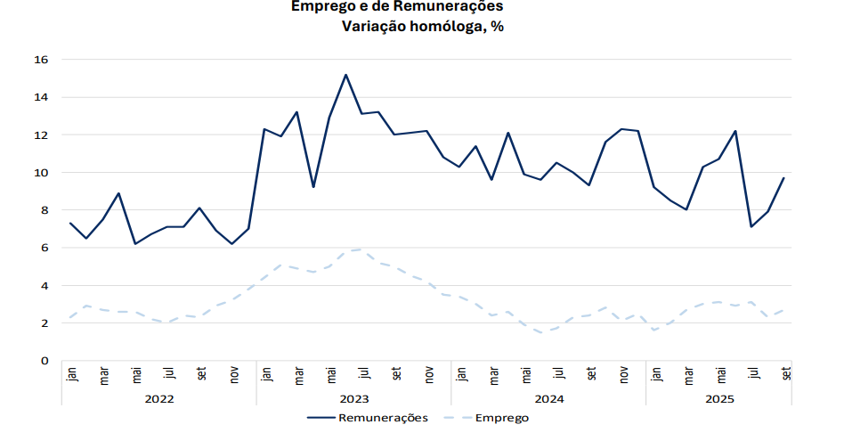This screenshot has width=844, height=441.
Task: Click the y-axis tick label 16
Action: [x=41, y=60]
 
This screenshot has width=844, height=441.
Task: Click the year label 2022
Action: [x=158, y=399]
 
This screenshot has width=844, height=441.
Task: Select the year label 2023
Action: [x=353, y=399]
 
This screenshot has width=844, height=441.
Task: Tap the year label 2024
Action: [x=548, y=399]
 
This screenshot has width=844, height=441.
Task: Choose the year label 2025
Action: [x=719, y=399]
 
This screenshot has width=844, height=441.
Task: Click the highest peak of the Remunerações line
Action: [x=345, y=75]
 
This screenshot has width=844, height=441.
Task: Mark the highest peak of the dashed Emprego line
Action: [x=361, y=249]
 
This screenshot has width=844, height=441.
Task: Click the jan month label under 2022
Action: [x=71, y=375]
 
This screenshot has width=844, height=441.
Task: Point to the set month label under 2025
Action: [x=785, y=375]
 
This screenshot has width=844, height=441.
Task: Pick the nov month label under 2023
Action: [x=428, y=375]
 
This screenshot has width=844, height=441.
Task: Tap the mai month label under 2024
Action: [x=525, y=375]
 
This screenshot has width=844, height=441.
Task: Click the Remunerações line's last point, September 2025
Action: [x=783, y=178]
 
